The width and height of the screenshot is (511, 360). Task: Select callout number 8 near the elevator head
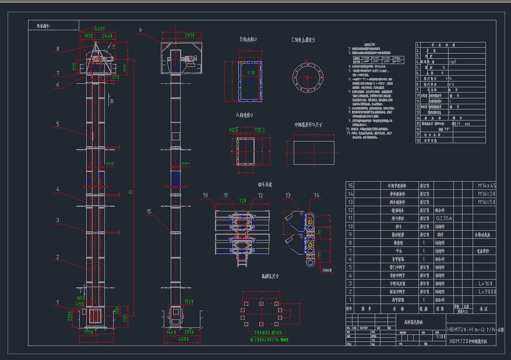pos(58,48)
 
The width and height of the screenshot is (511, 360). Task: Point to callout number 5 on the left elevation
pos(58,124)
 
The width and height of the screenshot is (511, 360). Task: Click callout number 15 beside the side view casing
pos(149,212)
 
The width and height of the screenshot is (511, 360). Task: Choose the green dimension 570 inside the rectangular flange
pos(251,73)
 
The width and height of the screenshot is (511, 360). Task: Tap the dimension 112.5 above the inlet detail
pos(260,130)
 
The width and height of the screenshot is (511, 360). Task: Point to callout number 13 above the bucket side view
pos(288,195)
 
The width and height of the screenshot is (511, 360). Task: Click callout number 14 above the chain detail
pos(316,195)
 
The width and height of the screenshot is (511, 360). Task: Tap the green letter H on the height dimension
pos(131,192)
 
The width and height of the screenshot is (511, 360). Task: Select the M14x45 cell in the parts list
pos(487,185)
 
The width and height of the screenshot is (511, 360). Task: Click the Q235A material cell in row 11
pos(444,218)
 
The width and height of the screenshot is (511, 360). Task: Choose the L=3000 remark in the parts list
pos(487,291)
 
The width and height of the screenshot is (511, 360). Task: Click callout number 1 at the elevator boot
pos(58,302)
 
